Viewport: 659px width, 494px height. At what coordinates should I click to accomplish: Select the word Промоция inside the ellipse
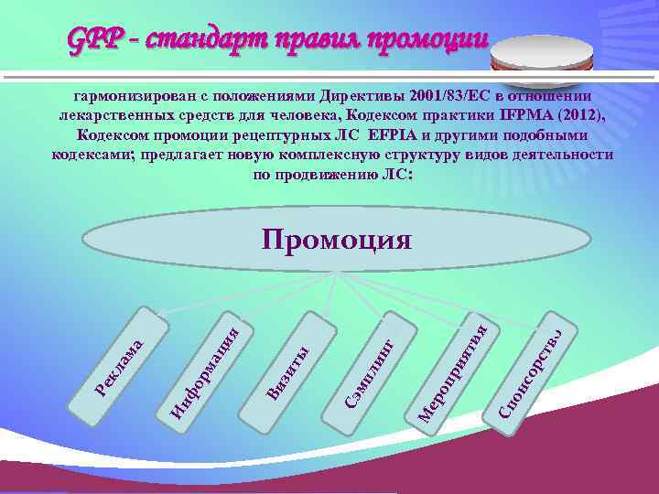click(x=337, y=240)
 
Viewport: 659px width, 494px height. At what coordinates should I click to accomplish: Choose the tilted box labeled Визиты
click(x=291, y=367)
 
